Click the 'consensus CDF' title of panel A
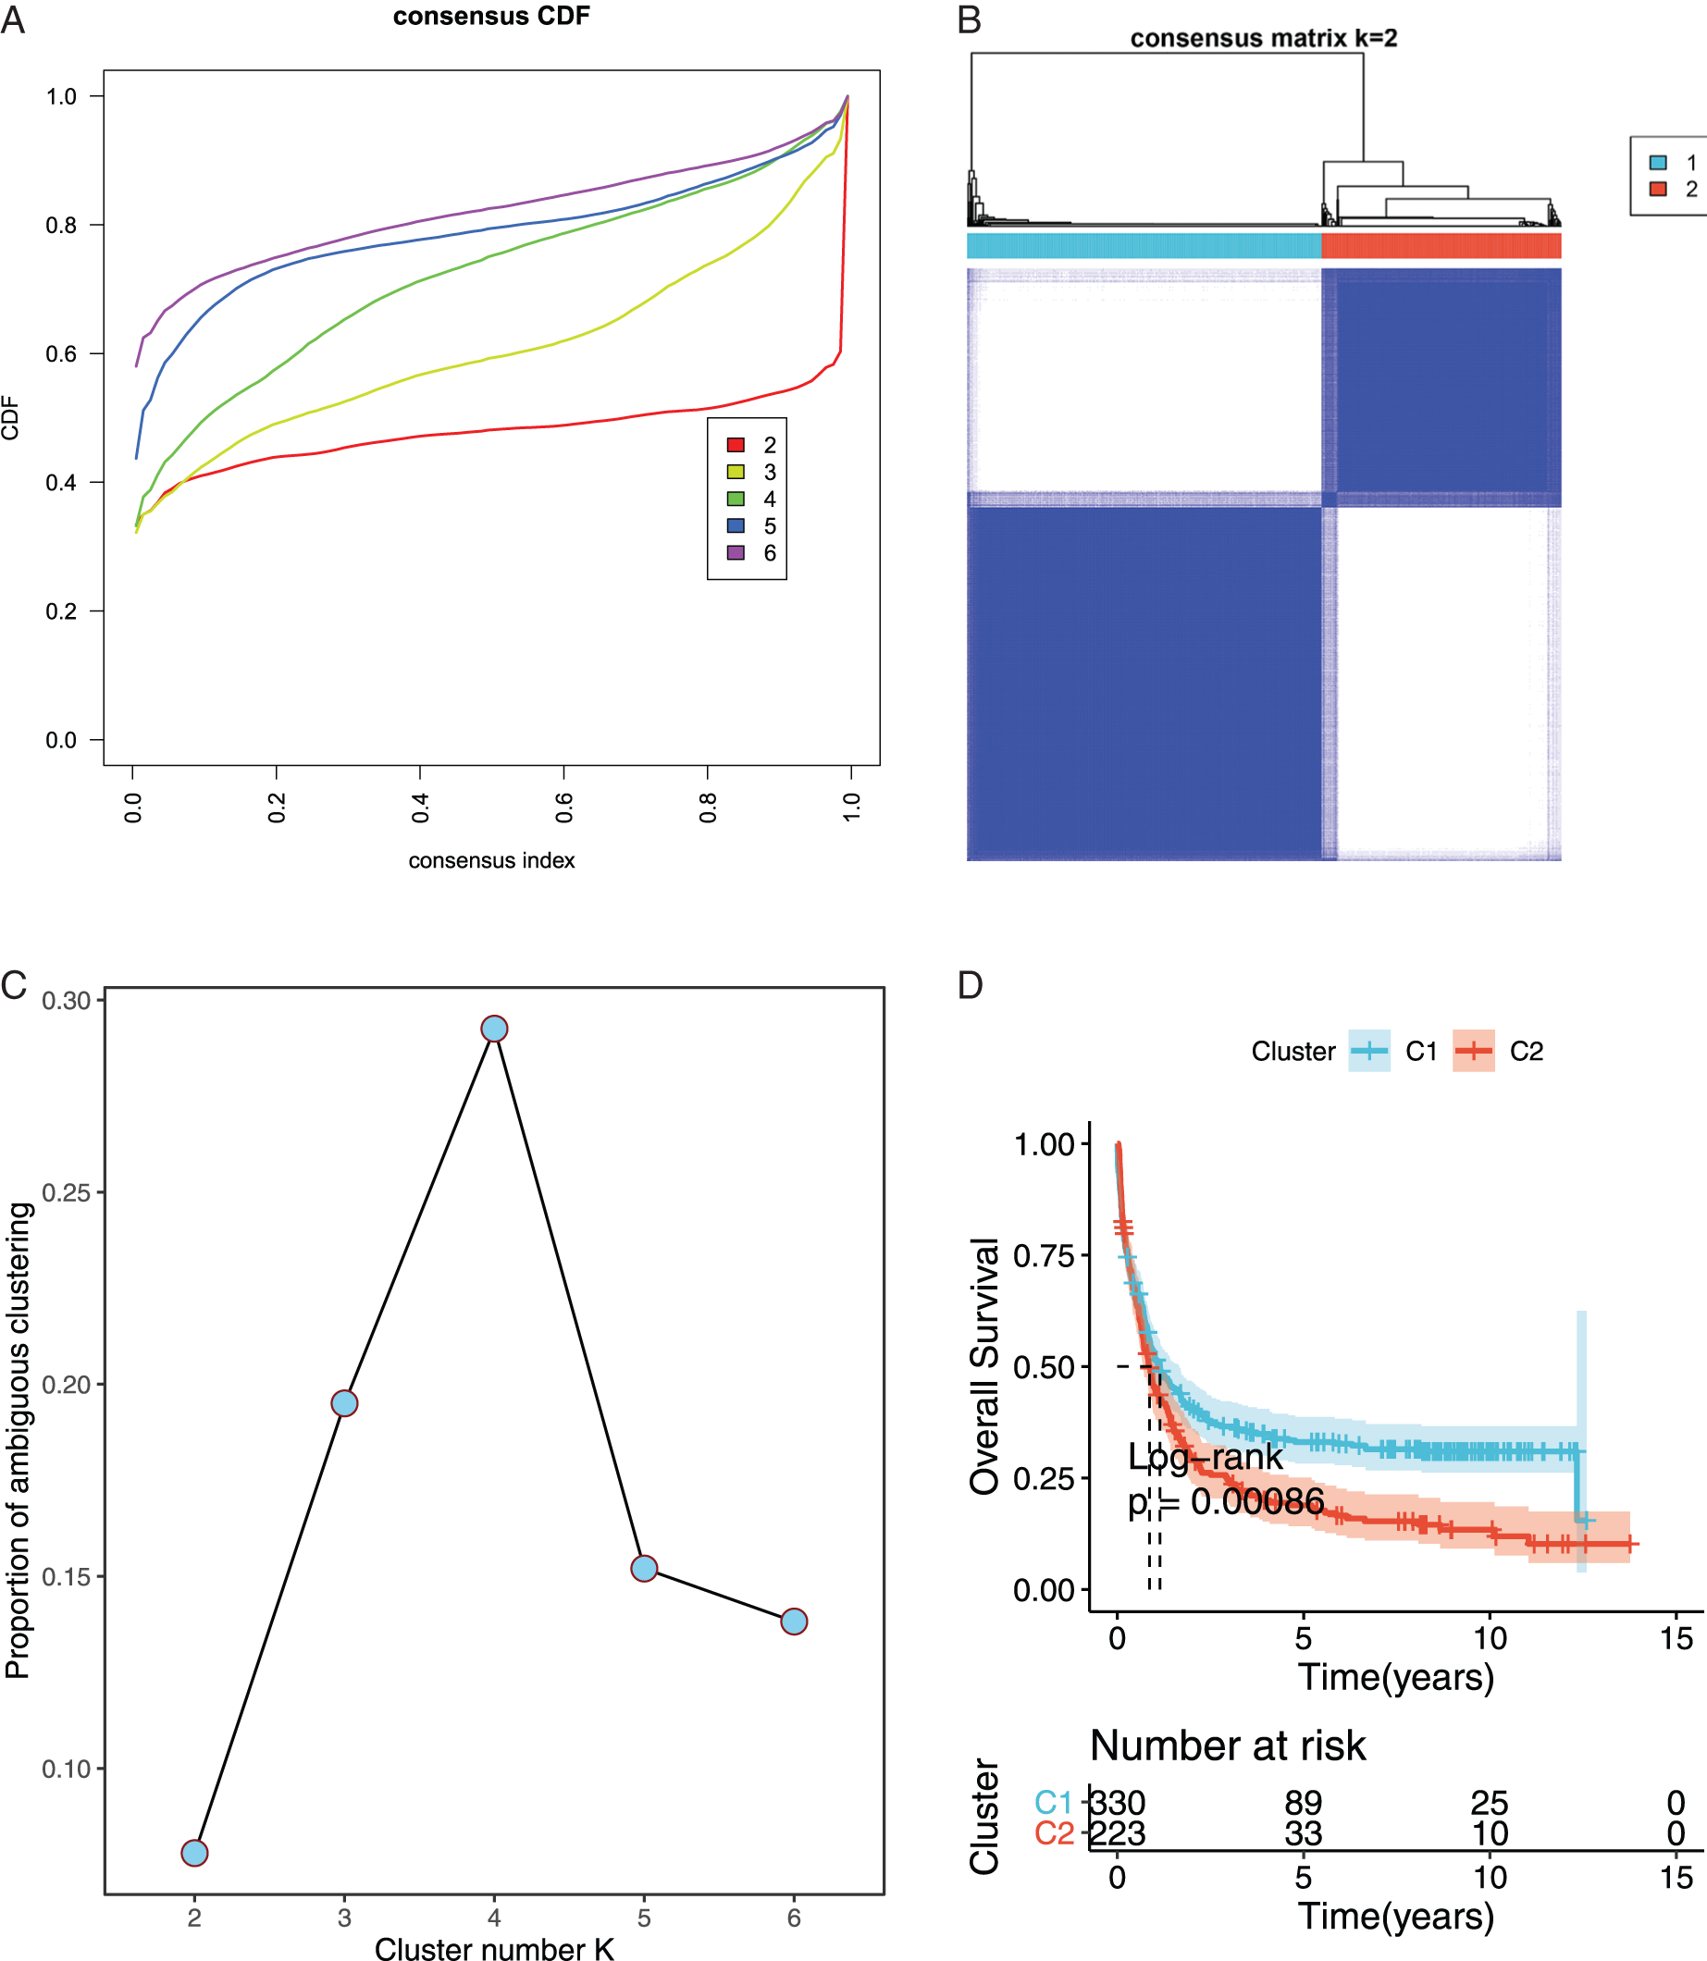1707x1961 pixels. click(x=491, y=17)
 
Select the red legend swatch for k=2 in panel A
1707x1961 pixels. click(x=736, y=445)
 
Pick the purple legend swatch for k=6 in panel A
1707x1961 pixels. click(x=736, y=552)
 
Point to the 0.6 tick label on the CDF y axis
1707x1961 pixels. click(x=61, y=353)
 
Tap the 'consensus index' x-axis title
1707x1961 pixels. click(x=491, y=860)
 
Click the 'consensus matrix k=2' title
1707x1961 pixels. click(x=1263, y=38)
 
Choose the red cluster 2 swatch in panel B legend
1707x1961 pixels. click(x=1658, y=189)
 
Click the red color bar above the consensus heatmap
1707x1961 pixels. click(x=1441, y=245)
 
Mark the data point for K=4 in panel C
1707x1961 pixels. click(x=494, y=1029)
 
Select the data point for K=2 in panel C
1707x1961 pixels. click(x=194, y=1853)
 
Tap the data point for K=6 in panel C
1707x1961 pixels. click(x=794, y=1621)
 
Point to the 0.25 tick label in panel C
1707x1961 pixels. click(x=66, y=1192)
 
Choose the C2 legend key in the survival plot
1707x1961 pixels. click(x=1474, y=1052)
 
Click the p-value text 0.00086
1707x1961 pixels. click(x=1257, y=1502)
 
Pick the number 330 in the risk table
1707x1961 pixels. click(x=1118, y=1803)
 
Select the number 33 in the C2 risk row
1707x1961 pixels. click(x=1303, y=1833)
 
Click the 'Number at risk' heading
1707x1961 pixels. click(x=1228, y=1745)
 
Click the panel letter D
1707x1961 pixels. click(x=970, y=985)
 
